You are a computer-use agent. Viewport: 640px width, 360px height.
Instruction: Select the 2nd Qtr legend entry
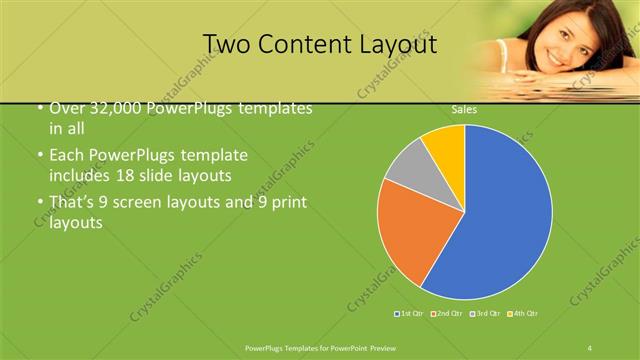pyautogui.click(x=446, y=314)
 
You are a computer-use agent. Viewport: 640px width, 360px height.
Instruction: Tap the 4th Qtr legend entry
pyautogui.click(x=524, y=314)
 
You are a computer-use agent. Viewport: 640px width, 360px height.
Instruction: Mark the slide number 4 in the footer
pyautogui.click(x=590, y=346)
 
